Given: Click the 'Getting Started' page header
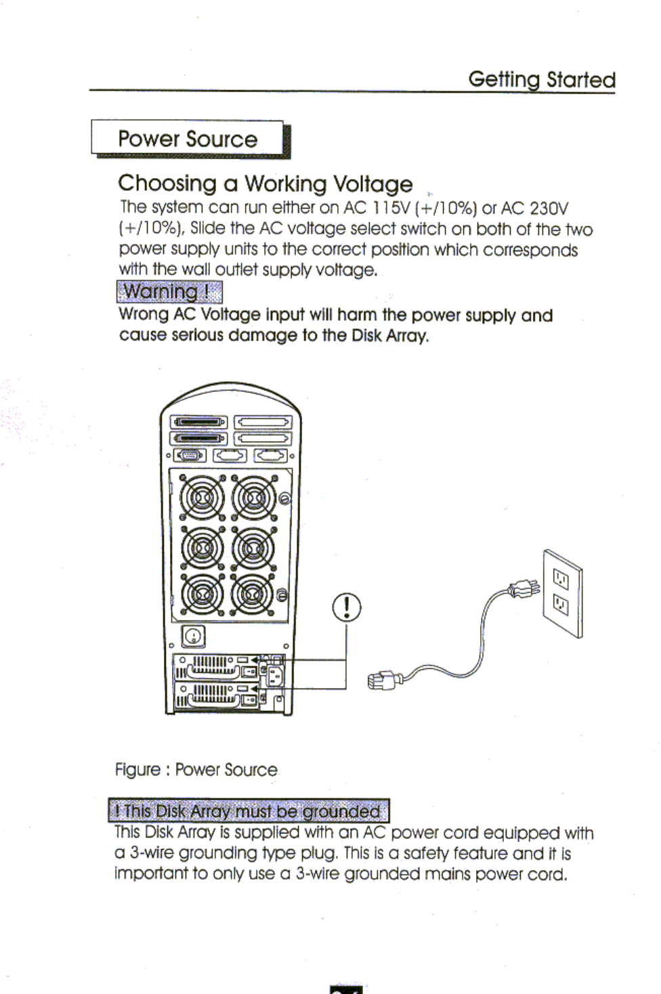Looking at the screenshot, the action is click(542, 80).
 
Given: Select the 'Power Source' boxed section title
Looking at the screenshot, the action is click(188, 139).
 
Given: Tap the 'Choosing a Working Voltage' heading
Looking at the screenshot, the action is click(265, 183).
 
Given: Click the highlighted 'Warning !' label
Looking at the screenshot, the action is click(169, 293).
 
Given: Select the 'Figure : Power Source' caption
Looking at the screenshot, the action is click(196, 770).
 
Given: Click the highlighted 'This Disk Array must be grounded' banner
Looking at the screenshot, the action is click(249, 811).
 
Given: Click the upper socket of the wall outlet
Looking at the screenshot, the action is click(561, 578).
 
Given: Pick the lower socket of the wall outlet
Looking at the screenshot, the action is click(561, 603).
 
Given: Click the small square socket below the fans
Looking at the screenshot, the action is click(194, 636).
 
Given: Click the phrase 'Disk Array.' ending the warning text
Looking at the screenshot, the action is click(390, 336).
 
